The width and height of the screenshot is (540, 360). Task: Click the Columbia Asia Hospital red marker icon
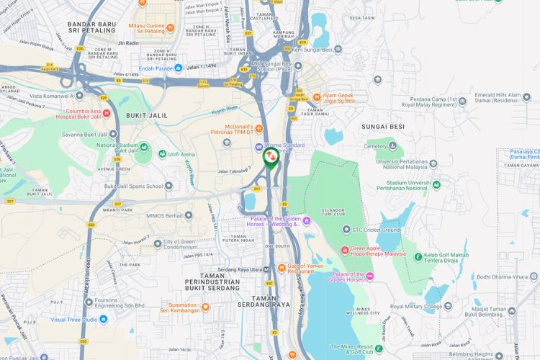tap(107, 113)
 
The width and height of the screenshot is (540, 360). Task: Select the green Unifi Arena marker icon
tap(163, 153)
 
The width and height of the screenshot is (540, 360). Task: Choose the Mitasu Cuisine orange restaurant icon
tap(170, 28)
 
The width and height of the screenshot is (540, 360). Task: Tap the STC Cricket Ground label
tap(376, 230)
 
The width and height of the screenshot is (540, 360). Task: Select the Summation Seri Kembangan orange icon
tap(205, 307)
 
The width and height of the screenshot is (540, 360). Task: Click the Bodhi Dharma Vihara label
tap(500, 276)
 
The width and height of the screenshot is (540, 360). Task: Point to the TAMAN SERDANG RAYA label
tap(271, 305)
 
